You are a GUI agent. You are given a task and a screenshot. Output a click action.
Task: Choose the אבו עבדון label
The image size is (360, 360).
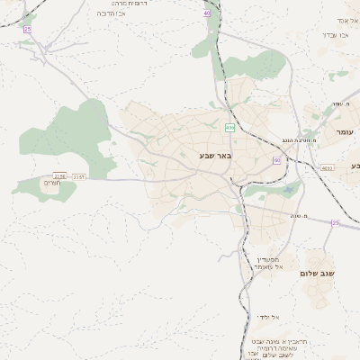coord(336,35)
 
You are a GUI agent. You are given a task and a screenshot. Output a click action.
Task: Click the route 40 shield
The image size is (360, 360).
coord(207,14)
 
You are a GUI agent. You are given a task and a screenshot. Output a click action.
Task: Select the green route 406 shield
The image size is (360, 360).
coord(229,128)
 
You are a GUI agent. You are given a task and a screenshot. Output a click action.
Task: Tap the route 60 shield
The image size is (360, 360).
coord(276,160)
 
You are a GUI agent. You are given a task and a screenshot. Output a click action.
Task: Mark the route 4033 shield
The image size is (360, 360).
coord(327,167)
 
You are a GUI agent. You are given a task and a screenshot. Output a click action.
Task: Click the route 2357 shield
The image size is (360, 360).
coord(79,176)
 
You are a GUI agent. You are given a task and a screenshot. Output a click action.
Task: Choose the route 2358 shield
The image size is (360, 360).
coord(59,176)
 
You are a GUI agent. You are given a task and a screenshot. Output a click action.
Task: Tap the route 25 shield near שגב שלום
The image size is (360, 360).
coord(335,222)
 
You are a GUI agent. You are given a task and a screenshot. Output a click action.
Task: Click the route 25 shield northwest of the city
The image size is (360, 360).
coord(28,29)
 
